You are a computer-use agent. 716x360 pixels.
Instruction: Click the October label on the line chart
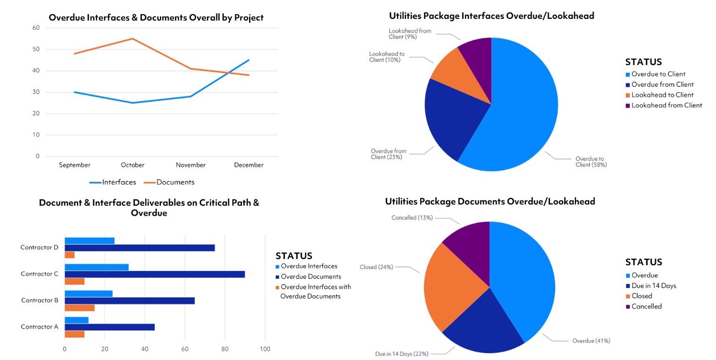coord(133,165)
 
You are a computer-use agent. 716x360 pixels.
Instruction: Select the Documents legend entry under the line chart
coord(175,182)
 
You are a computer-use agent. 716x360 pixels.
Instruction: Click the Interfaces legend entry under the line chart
coord(119,182)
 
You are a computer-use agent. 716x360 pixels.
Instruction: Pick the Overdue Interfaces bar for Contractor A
coord(76,320)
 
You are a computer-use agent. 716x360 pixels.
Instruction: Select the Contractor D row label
coord(39,247)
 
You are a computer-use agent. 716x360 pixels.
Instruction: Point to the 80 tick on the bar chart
coord(225,349)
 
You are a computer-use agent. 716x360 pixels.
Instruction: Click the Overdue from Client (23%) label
coord(388,154)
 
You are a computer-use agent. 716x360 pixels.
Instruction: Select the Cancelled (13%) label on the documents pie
coord(412,218)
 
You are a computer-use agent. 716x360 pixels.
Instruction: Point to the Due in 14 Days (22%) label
coord(403,353)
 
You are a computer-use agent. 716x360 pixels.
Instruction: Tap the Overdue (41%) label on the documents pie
coord(591,341)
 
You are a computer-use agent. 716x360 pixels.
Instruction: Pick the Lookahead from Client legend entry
coord(666,105)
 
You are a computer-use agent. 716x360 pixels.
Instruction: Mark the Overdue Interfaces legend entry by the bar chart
coord(308,266)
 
